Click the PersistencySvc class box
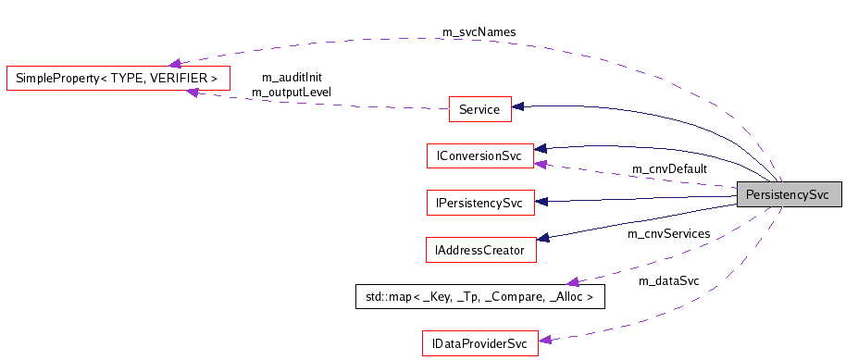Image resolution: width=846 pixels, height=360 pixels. [788, 195]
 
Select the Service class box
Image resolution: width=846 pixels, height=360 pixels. [479, 109]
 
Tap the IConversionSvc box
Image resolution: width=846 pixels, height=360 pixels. [479, 155]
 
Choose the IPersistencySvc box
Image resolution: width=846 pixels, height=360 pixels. [479, 202]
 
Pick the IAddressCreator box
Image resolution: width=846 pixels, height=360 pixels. [479, 249]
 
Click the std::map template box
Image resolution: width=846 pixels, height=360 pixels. [479, 296]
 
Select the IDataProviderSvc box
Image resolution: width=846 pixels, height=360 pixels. [479, 343]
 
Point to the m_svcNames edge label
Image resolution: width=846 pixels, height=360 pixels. [479, 31]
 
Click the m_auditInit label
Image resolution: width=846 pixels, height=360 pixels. [292, 78]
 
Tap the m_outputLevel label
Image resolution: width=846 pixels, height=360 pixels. [291, 92]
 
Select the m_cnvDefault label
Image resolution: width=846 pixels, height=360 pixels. [668, 168]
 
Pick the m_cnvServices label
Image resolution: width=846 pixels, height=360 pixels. [668, 233]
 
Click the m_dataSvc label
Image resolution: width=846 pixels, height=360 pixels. [668, 280]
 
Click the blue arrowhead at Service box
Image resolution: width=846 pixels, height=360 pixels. [519, 107]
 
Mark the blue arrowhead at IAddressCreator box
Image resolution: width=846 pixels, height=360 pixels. [544, 238]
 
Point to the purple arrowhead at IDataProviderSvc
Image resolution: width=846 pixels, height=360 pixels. [544, 341]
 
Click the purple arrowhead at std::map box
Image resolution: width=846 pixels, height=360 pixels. [573, 281]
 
